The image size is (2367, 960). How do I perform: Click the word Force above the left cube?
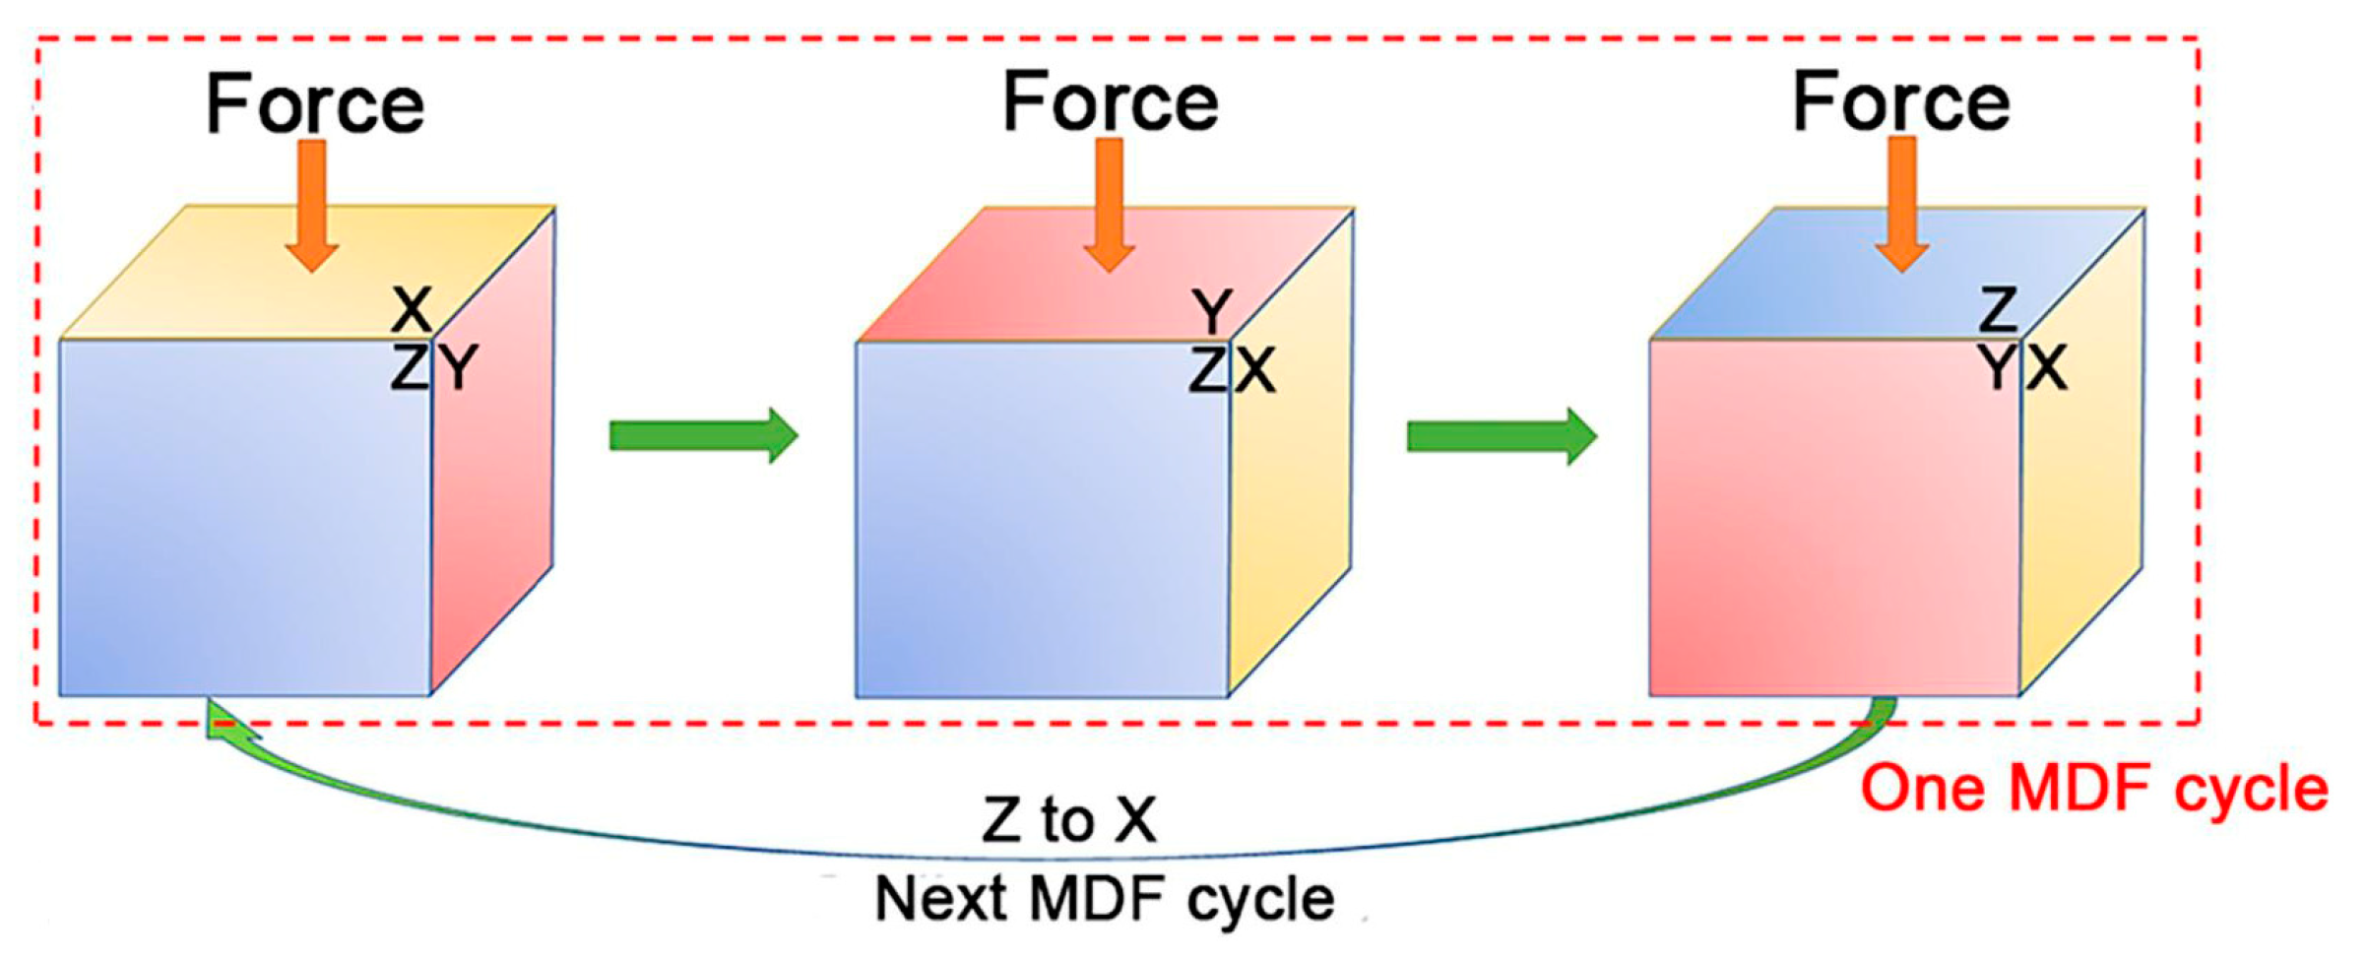point(315,104)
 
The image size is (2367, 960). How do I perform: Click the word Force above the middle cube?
point(1111,102)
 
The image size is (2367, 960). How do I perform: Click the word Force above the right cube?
point(1901,102)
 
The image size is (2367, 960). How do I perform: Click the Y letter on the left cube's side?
point(458,369)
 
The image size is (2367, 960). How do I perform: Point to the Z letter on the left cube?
point(410,369)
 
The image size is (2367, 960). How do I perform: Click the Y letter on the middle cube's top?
point(1212,312)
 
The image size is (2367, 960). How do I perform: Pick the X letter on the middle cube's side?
point(1255,372)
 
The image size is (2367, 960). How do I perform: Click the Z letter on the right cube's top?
point(1999,310)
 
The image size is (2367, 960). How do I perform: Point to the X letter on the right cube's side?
point(2046,368)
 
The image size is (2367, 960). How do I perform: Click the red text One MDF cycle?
point(2094,790)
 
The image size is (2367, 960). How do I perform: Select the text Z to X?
point(1069,819)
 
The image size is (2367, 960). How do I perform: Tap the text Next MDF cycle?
point(1105,899)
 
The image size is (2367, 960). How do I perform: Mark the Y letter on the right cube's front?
point(1999,368)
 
